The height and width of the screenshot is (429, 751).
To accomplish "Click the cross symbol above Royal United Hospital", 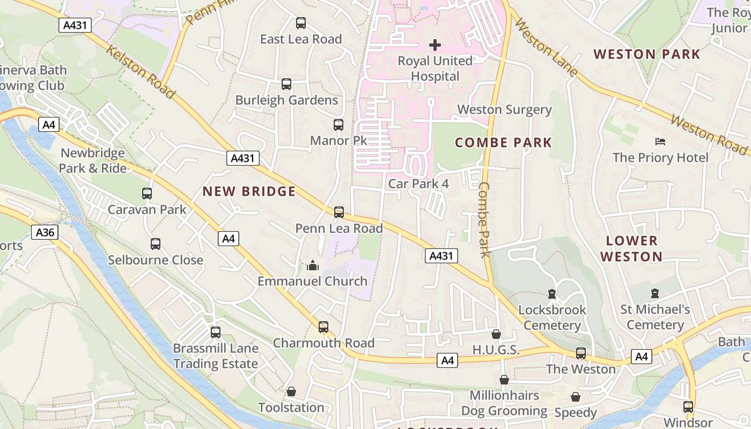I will point(435,45).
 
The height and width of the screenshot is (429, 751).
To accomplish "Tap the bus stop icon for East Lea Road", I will point(301,23).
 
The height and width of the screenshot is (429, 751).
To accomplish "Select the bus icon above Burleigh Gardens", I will point(286,84).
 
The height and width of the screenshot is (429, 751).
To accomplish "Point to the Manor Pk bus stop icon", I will point(338,125).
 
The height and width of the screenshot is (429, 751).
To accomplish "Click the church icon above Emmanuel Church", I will point(313,265).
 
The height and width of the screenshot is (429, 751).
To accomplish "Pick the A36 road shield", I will point(45,232).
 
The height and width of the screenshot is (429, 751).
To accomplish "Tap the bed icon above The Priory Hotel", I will point(660,142).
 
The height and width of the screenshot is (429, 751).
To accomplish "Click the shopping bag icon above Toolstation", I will point(291,392).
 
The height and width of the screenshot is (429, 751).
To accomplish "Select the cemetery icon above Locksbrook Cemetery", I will point(552,294).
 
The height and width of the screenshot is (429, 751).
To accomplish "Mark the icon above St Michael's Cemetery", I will point(654,293).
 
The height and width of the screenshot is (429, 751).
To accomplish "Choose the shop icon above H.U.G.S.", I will point(496,334).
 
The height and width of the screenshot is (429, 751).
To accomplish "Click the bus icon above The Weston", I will point(581,353).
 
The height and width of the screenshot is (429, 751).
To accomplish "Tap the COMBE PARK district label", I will point(503,143).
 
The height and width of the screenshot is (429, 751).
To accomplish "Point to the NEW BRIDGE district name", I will point(249,191).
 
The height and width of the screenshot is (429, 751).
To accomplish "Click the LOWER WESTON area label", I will point(631,248).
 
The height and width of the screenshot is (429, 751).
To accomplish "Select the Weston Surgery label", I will point(504,109).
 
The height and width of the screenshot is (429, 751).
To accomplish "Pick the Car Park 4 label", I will point(418,183).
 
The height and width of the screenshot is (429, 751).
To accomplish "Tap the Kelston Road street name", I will point(141,72).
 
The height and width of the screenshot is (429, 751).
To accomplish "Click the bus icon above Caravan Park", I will point(147,194).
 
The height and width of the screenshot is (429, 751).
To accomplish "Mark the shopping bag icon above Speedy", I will point(576,397).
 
